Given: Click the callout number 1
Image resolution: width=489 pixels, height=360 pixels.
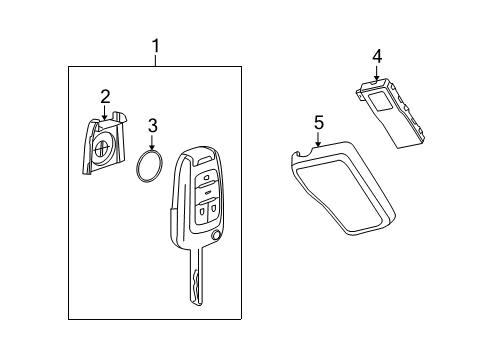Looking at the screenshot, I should pos(155,45).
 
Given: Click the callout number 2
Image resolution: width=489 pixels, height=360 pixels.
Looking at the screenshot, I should pos(105,96).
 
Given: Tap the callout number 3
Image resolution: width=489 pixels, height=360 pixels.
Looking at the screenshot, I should pos(152,125).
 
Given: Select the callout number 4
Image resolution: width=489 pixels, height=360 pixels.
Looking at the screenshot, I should pos(377,56).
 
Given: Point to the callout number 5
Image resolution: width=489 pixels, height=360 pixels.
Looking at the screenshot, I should pos(319,122).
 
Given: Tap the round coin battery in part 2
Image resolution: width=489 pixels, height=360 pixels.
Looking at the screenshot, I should pos(104,153).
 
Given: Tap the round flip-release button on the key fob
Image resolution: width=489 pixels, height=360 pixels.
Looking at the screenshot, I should pos(217,236).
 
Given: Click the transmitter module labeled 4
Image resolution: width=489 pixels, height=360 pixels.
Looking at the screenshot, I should pos(394,113).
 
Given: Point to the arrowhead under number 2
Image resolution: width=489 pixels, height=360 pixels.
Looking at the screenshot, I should pos(105,118).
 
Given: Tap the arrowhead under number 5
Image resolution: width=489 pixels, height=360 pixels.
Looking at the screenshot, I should pos(319,145).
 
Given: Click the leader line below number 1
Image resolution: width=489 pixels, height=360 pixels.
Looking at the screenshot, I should pos(155,59).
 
